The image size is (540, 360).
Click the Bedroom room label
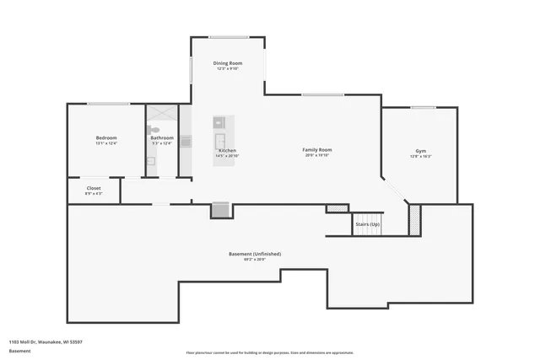click(x=106, y=137)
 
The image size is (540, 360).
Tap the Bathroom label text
click(x=162, y=137)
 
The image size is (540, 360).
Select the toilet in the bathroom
click(x=153, y=130)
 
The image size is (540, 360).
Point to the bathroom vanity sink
click(x=151, y=160)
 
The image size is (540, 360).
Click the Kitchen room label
click(x=227, y=150)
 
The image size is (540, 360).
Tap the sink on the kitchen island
click(x=220, y=141)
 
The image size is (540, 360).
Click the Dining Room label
click(x=228, y=63)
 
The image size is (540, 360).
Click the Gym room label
click(x=420, y=151)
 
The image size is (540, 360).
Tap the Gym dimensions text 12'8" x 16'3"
click(x=420, y=157)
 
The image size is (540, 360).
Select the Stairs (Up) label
click(x=367, y=224)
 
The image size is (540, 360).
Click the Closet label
click(x=94, y=188)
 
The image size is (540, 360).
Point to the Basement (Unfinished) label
click(x=255, y=254)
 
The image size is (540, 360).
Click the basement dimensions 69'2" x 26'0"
click(x=255, y=260)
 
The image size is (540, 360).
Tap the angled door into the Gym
click(x=393, y=191)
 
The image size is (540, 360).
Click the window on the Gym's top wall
click(x=423, y=107)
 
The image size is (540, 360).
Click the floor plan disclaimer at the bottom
click(x=269, y=352)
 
